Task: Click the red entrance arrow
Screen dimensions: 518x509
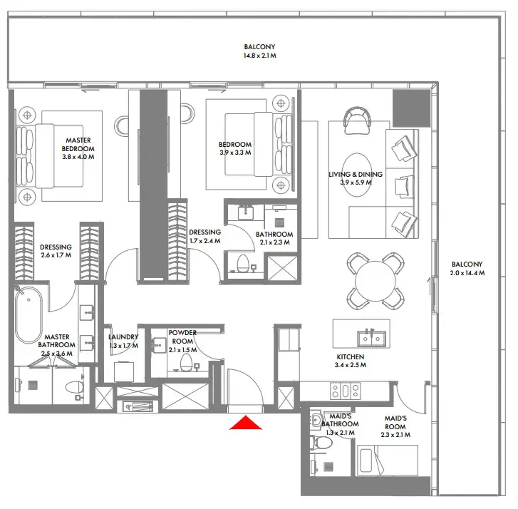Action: [245, 423]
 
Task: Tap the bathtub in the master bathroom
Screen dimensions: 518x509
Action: [29, 315]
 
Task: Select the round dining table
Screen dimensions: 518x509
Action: [375, 281]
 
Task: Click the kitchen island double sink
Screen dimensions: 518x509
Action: [371, 338]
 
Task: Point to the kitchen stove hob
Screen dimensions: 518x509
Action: [346, 391]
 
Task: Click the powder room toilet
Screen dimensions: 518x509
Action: [186, 362]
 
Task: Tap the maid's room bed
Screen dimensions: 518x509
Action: [388, 460]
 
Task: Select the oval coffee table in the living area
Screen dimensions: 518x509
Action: [356, 175]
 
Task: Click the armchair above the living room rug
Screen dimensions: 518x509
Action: [358, 120]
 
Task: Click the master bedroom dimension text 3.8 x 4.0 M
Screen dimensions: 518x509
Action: [78, 157]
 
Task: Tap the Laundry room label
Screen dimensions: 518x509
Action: [123, 336]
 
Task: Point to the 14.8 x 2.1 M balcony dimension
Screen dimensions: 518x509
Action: [259, 56]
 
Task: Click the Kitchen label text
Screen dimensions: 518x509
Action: [351, 356]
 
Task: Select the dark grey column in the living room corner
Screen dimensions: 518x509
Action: [411, 108]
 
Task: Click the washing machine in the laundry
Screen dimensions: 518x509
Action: [124, 372]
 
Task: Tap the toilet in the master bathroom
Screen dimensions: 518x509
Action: [73, 387]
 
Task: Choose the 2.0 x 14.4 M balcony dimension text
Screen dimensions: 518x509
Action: [467, 273]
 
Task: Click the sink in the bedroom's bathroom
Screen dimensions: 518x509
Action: [246, 212]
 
